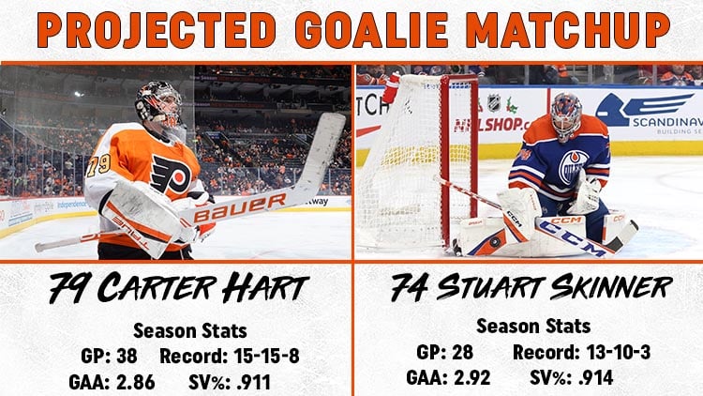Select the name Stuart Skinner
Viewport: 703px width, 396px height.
(x=553, y=287)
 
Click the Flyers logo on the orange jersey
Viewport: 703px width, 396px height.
(x=171, y=172)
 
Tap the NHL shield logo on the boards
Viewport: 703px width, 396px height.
(x=493, y=102)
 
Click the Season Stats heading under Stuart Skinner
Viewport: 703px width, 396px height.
(x=533, y=327)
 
